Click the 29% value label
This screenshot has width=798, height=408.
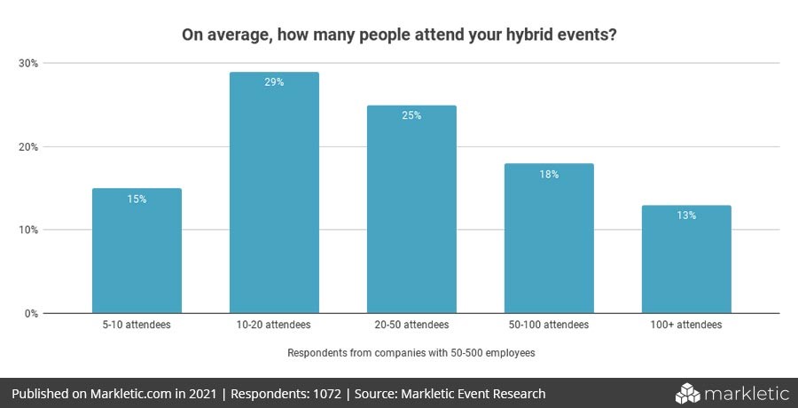(274, 82)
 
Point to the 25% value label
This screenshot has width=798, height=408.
(411, 116)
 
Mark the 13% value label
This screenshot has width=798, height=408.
(686, 216)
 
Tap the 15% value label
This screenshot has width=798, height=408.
(137, 200)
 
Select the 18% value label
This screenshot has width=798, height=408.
(549, 175)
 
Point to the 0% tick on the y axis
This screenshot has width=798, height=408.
(30, 313)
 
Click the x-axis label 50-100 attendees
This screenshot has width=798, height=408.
(549, 326)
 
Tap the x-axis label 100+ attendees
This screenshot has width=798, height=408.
(686, 326)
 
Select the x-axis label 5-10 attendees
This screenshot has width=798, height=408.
(137, 326)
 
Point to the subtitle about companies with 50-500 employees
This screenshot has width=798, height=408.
(411, 353)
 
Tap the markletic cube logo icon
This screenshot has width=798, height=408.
(689, 393)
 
